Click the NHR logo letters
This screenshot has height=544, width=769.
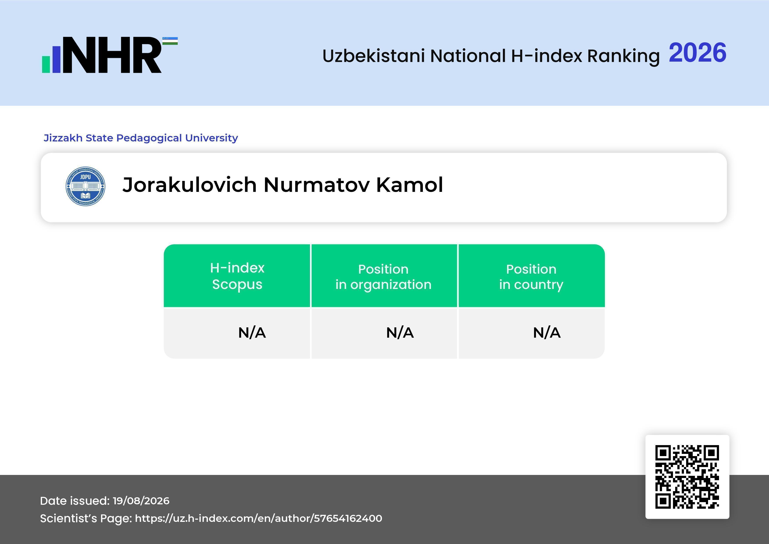pyautogui.click(x=112, y=55)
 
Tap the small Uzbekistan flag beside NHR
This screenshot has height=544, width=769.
pyautogui.click(x=170, y=41)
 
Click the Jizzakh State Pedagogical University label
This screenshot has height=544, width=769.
pyautogui.click(x=141, y=138)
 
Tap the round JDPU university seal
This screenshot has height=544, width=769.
pyautogui.click(x=85, y=186)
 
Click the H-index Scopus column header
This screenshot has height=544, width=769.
pyautogui.click(x=237, y=276)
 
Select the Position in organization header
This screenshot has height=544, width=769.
pyautogui.click(x=383, y=277)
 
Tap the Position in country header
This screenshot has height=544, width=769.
pyautogui.click(x=531, y=277)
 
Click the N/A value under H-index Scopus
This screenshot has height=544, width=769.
pyautogui.click(x=252, y=333)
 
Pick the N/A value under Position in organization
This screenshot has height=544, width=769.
pyautogui.click(x=400, y=333)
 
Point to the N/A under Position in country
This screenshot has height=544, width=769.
pyautogui.click(x=546, y=333)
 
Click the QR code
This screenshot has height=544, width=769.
pyautogui.click(x=687, y=477)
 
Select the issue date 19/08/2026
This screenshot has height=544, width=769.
pyautogui.click(x=141, y=501)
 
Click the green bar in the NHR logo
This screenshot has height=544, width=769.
pyautogui.click(x=46, y=64)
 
